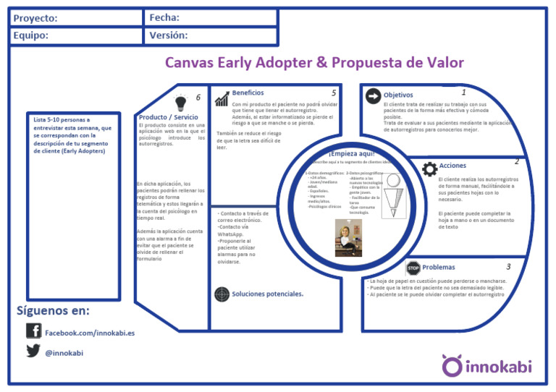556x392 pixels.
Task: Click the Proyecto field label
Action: click(35, 18)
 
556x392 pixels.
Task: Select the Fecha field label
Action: click(164, 17)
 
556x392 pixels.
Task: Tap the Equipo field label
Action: click(31, 35)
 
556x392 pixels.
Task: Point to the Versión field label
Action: click(169, 35)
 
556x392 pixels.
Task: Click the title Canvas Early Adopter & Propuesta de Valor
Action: click(314, 62)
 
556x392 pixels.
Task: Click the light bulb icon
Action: click(180, 102)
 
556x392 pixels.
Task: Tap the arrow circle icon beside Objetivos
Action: click(373, 96)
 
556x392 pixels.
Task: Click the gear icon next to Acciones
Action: click(429, 169)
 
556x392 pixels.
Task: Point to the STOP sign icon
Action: click(413, 268)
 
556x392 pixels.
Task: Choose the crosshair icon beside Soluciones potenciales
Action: click(222, 294)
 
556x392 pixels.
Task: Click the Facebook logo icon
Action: click(33, 331)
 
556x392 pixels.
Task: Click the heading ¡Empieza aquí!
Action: click(350, 153)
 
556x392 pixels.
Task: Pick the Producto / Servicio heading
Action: click(168, 117)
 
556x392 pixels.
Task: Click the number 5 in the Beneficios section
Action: click(334, 93)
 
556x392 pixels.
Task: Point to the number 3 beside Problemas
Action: click(508, 267)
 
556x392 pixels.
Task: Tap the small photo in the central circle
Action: click(348, 238)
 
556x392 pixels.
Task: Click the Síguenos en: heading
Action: click(54, 311)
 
